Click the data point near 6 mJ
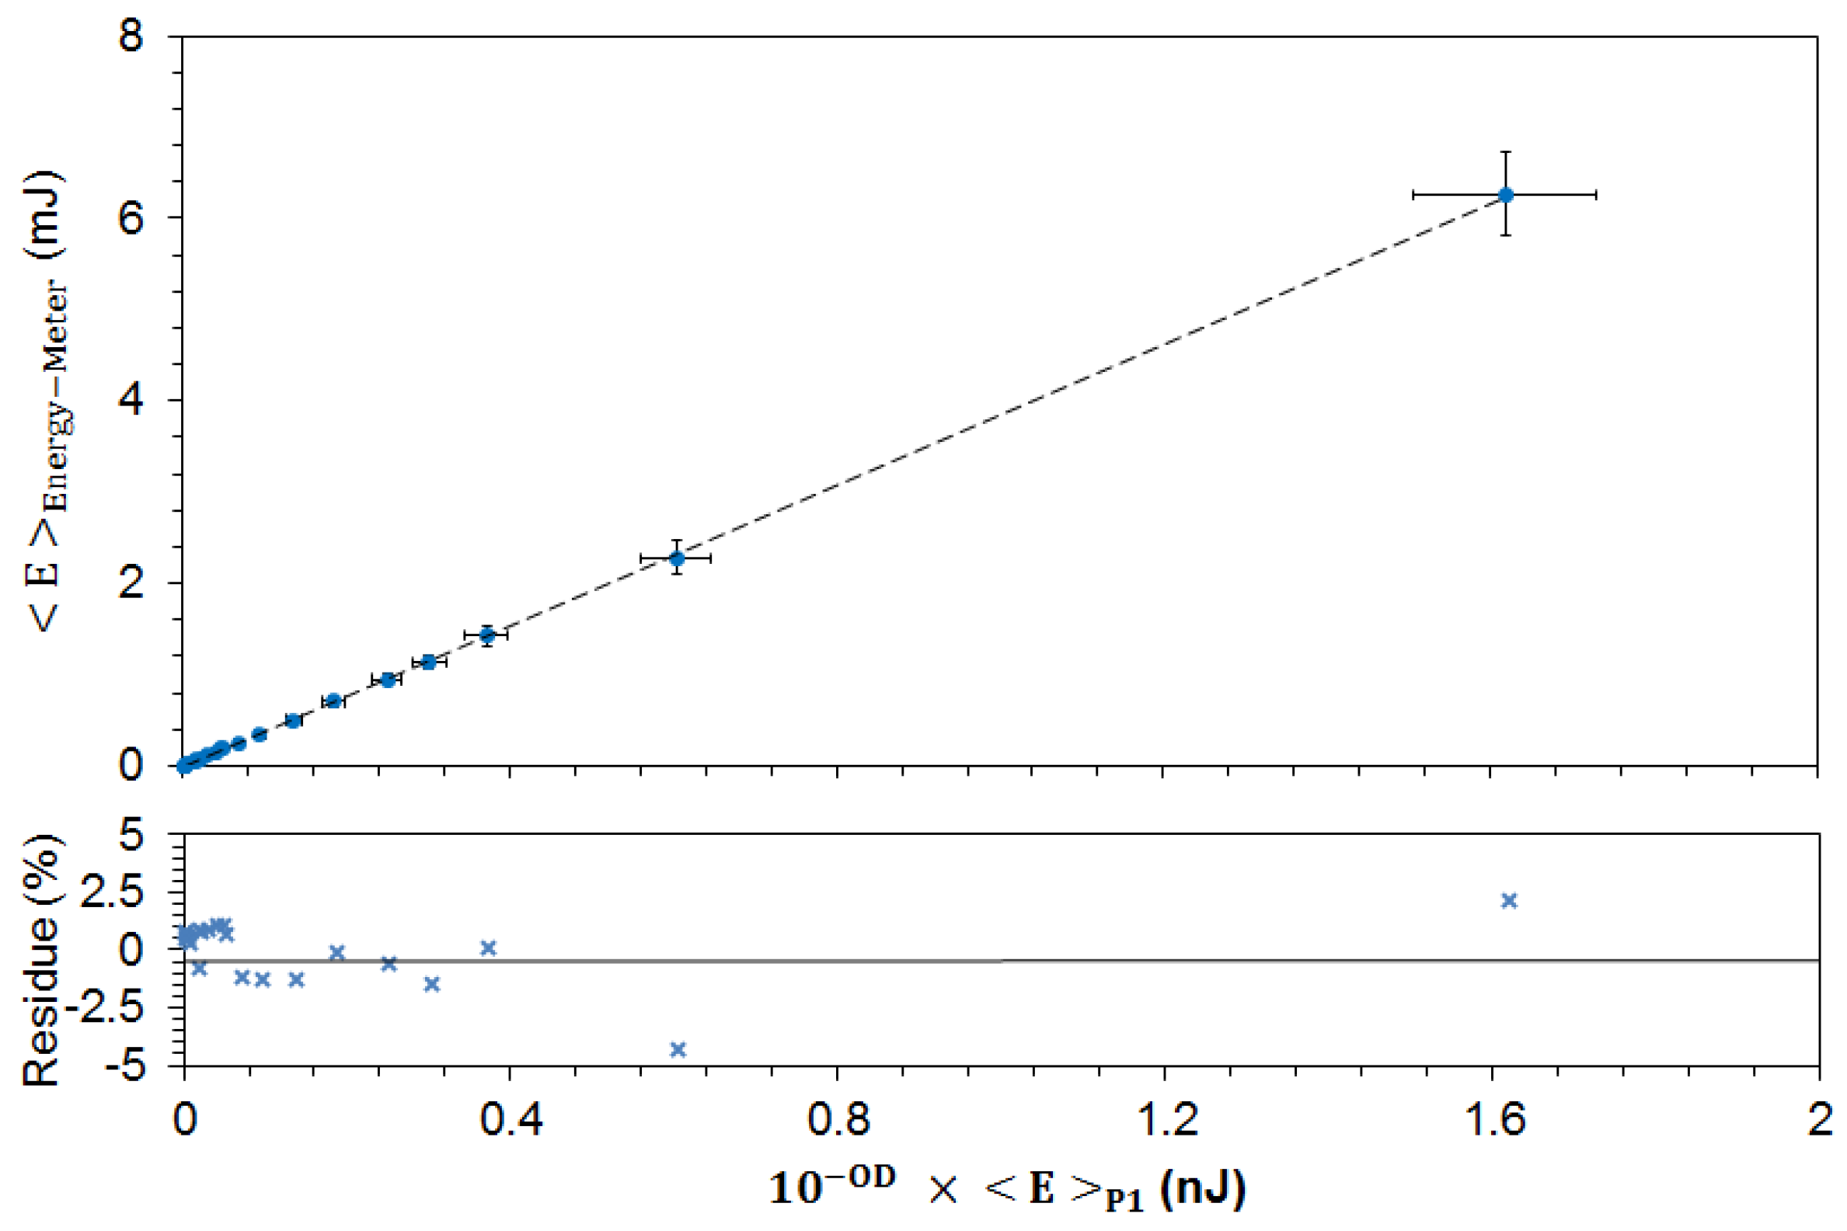click(1505, 195)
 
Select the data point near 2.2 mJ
click(676, 558)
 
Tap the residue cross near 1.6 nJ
click(1508, 900)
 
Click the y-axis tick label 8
click(131, 36)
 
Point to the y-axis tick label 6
click(131, 217)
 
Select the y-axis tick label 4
click(131, 401)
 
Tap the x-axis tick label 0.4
click(511, 1118)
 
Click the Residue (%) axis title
click(41, 959)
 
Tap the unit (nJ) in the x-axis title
click(1202, 1188)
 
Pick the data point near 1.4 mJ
click(487, 635)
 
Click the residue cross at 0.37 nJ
click(488, 948)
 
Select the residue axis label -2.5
click(114, 1008)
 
